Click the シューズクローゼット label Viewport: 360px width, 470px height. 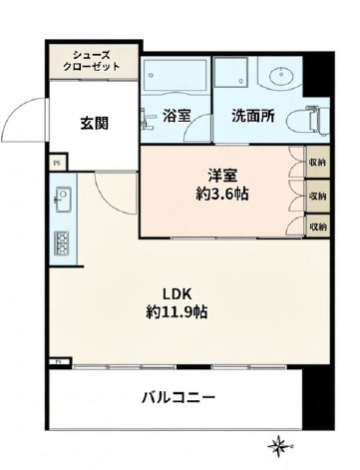point(96,60)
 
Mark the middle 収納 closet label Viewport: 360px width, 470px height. point(317,196)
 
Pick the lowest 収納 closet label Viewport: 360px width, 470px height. point(317,227)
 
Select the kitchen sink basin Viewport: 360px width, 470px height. point(61,198)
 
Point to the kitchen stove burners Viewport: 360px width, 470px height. point(61,243)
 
